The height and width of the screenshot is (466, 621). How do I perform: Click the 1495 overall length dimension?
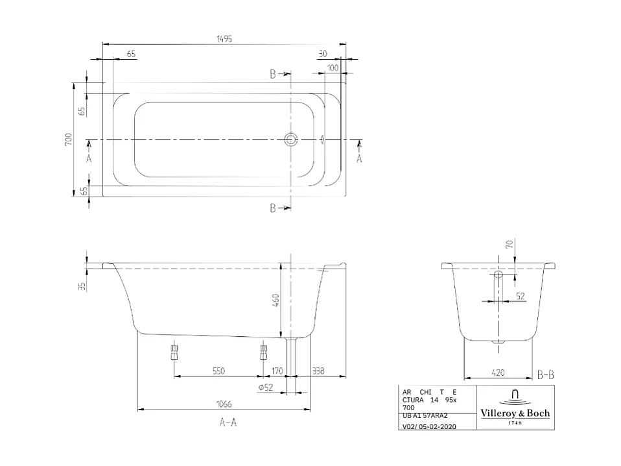pos(224,38)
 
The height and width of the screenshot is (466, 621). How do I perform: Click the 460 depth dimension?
pos(275,300)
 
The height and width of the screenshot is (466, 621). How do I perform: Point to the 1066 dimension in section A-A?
pos(224,404)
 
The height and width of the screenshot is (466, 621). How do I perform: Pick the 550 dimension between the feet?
pos(218,371)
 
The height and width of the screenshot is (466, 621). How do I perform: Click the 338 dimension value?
pos(318,371)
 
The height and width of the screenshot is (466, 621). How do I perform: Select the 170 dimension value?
pos(277,371)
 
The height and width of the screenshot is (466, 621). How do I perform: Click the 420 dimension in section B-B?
pos(498,373)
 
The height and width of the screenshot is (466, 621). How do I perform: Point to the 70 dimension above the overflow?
pos(509,245)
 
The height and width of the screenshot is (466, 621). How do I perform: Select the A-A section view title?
pos(228,423)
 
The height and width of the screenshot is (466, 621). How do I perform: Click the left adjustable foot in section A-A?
pos(174,352)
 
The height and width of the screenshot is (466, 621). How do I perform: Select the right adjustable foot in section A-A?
pos(263,352)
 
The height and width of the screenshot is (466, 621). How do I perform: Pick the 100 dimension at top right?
pos(333,67)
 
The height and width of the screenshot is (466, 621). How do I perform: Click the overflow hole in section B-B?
pos(498,275)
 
